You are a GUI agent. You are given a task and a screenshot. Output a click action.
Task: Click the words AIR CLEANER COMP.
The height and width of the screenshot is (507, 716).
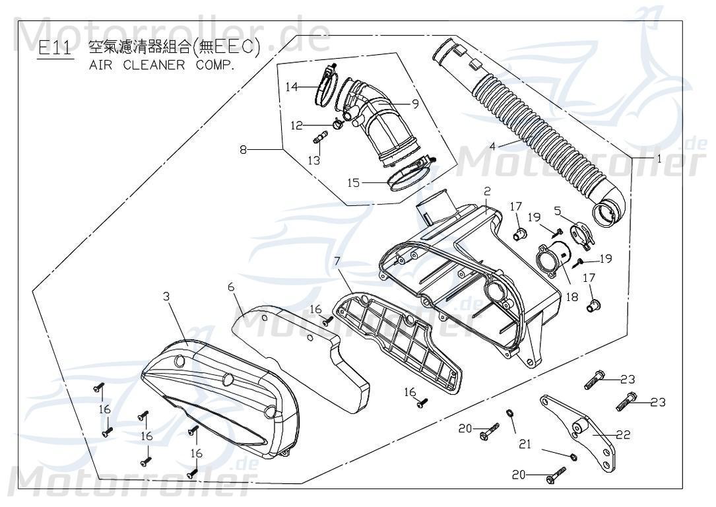click(x=161, y=67)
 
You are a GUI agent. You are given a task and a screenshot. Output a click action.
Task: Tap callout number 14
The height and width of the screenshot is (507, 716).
click(x=292, y=86)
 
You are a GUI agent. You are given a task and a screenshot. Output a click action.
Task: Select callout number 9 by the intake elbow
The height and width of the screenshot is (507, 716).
click(x=415, y=103)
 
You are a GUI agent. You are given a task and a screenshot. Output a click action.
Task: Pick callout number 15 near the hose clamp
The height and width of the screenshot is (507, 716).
click(x=354, y=183)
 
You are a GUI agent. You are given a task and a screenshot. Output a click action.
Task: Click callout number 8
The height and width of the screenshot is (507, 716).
click(x=245, y=150)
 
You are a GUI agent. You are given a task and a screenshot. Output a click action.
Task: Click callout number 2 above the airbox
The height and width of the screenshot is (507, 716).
click(x=486, y=191)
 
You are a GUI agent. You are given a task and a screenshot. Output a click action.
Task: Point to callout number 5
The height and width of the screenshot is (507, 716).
click(x=557, y=211)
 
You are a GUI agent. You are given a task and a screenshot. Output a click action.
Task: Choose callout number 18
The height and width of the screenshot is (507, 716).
click(x=572, y=297)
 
